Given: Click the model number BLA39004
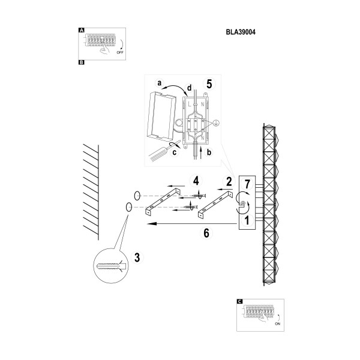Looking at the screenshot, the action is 241,32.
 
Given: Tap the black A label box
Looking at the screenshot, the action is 81,30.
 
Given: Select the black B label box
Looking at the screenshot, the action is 81,62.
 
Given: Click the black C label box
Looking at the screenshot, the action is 239,301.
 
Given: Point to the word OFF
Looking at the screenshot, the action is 120,52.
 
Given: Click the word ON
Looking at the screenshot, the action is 278,324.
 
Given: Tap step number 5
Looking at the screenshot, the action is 209,84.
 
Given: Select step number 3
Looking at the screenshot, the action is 137,257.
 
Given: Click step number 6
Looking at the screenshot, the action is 206,233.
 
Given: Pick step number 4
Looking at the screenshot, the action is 196,181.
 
